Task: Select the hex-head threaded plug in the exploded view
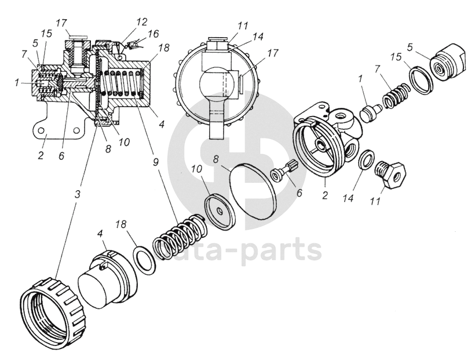[x=391, y=173]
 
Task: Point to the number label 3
[x=77, y=192]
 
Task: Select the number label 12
[x=142, y=21]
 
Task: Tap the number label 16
[x=153, y=34]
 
